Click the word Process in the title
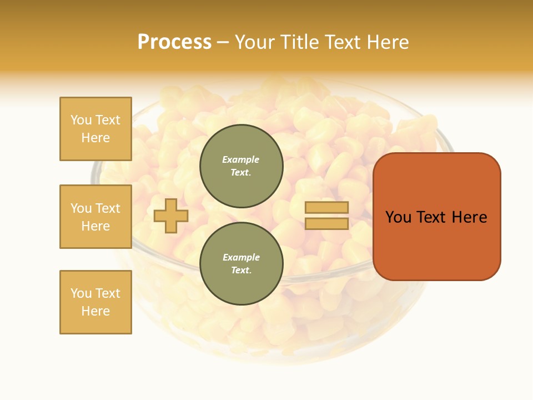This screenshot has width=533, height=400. point(174,42)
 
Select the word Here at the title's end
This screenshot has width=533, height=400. point(385,42)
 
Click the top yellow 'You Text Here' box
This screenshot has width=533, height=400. point(95,129)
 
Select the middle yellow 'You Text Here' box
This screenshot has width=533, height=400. point(95,217)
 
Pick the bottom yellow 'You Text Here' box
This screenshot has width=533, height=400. point(95,302)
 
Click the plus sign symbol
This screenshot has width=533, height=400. point(171,216)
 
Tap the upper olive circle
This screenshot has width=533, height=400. point(242,166)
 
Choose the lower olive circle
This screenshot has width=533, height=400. point(242,263)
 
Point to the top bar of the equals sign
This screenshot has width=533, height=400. point(327,208)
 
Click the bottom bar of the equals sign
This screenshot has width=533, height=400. point(327,223)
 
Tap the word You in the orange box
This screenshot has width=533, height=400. point(399,217)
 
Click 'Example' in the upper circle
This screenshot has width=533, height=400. point(241,159)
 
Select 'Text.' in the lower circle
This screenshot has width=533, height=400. point(241,271)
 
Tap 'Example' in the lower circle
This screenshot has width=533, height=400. point(241,257)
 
